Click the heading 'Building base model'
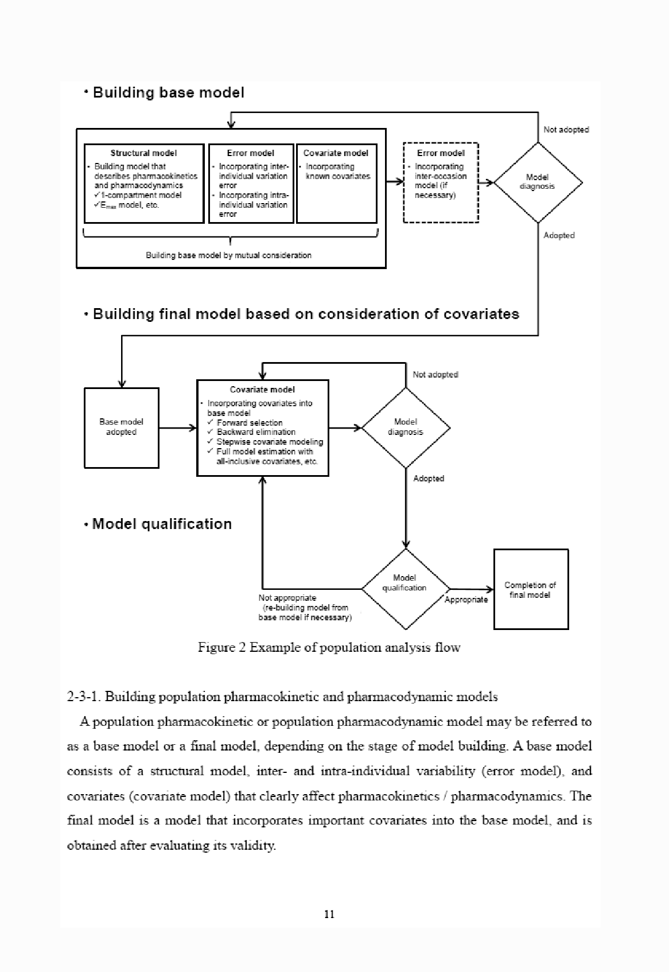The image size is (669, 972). pyautogui.click(x=168, y=93)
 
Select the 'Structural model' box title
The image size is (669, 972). pyautogui.click(x=143, y=153)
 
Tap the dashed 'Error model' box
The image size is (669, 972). pyautogui.click(x=441, y=182)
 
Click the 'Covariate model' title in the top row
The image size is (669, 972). pyautogui.click(x=336, y=153)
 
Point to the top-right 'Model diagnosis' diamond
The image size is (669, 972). pyautogui.click(x=537, y=182)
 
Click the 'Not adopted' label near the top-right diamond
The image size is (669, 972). pyautogui.click(x=566, y=130)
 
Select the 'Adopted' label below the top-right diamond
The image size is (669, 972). pyautogui.click(x=559, y=235)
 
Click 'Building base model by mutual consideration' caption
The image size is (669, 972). pyautogui.click(x=228, y=255)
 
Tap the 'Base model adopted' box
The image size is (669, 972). pyautogui.click(x=121, y=427)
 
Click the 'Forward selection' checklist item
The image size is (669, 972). pyautogui.click(x=250, y=423)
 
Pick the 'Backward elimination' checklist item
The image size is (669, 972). pyautogui.click(x=256, y=432)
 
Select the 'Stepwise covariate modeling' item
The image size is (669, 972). pyautogui.click(x=270, y=442)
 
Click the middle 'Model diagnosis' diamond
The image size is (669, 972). pyautogui.click(x=405, y=427)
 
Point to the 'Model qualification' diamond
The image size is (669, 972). pyautogui.click(x=404, y=584)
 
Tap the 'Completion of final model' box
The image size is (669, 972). pyautogui.click(x=530, y=590)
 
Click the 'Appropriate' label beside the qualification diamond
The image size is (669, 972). pyautogui.click(x=466, y=600)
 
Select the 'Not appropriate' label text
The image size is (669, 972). pyautogui.click(x=287, y=598)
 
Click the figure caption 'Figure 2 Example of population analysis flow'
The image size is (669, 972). pyautogui.click(x=329, y=648)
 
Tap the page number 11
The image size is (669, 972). pyautogui.click(x=329, y=915)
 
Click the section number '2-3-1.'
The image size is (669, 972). pyautogui.click(x=84, y=697)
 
